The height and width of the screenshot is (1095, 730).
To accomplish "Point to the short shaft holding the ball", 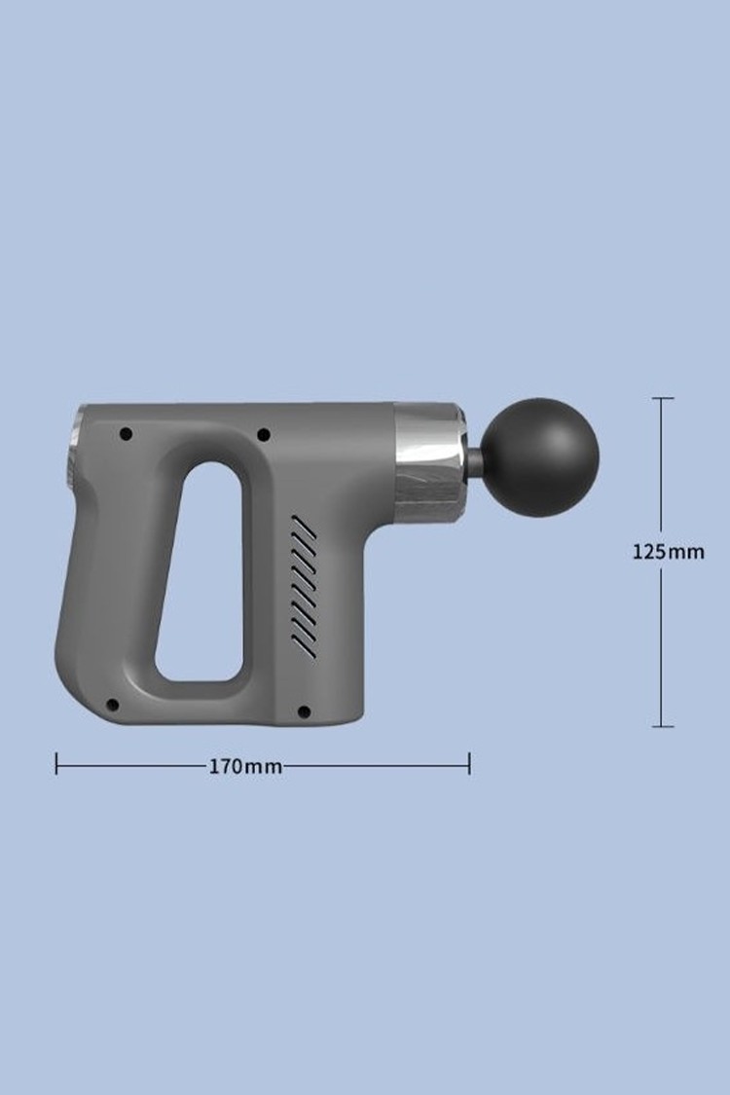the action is (474, 460).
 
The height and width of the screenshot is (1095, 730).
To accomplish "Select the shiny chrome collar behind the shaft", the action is (429, 462).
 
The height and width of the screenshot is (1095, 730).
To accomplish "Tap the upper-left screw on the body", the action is (127, 434).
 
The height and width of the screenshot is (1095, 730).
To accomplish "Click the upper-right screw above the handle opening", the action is (264, 435).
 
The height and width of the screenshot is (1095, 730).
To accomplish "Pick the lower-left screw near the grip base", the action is (113, 705).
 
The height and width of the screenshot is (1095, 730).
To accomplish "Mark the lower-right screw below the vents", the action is (304, 712).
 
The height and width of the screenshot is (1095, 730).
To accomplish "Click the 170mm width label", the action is (246, 767).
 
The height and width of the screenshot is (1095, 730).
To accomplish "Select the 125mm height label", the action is (669, 552).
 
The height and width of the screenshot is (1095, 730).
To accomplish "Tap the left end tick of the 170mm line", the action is (56, 763).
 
